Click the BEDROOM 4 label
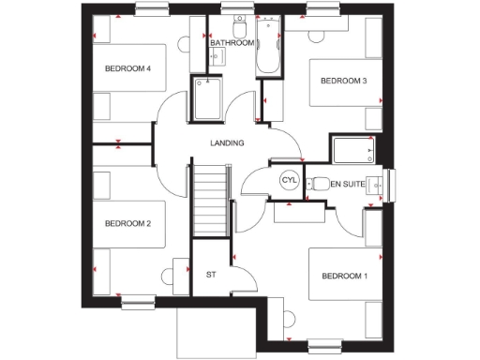pos(127,68)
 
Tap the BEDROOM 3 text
pos(344,82)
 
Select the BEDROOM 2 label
pos(127,223)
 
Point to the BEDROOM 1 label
pos(344,276)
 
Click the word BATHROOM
pos(232,43)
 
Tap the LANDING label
pos(227,143)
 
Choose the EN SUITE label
pos(347,184)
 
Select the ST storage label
pos(211,275)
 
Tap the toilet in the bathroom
pos(239,23)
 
